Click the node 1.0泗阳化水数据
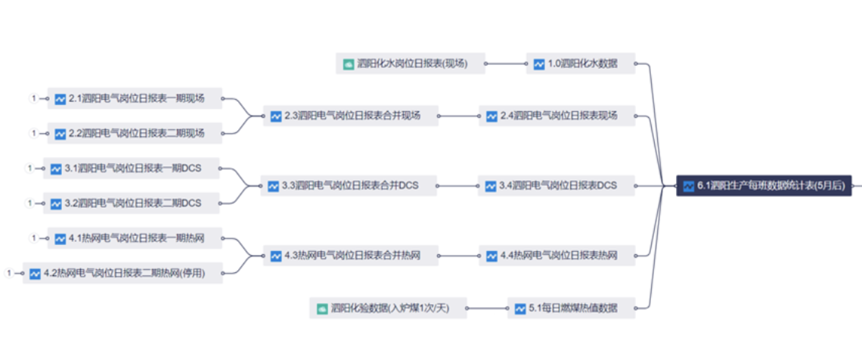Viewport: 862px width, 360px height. (581, 64)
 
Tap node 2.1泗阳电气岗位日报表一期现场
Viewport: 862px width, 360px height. (135, 98)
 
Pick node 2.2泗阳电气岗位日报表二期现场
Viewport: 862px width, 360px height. (135, 133)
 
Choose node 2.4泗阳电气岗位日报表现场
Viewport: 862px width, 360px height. (557, 116)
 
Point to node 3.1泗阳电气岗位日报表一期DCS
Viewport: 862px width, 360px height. (132, 169)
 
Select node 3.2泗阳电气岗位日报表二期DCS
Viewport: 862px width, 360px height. (132, 203)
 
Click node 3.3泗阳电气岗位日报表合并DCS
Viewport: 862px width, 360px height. (349, 185)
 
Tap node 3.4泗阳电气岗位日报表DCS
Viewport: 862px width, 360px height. (557, 185)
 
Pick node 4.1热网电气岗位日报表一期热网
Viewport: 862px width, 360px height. (135, 238)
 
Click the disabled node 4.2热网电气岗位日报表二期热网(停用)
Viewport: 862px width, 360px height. (122, 273)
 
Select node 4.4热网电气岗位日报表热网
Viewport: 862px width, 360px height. (557, 256)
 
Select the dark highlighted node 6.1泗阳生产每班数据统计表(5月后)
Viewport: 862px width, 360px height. (764, 185)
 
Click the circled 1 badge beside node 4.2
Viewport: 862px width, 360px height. (9, 273)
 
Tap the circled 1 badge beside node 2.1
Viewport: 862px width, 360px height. (33, 98)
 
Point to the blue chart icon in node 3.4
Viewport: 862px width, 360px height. (491, 186)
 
